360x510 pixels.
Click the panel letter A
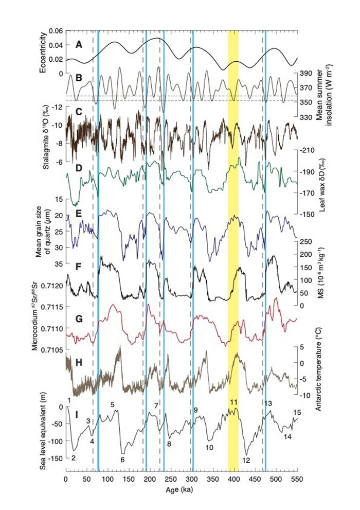pyautogui.click(x=79, y=45)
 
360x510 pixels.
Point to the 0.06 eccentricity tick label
pyautogui.click(x=55, y=31)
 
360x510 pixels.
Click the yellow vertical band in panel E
pyautogui.click(x=233, y=242)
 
